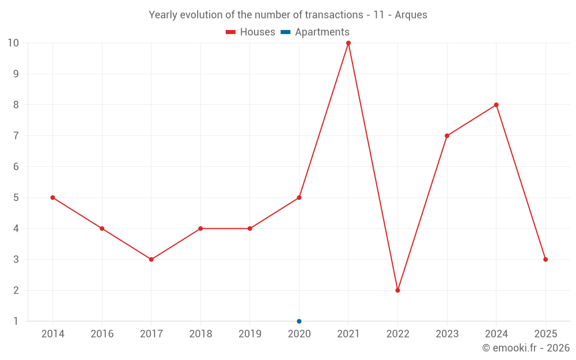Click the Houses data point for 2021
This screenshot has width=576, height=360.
(348, 43)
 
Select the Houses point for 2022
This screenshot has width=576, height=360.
(397, 290)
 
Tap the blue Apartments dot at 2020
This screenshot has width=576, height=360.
(299, 321)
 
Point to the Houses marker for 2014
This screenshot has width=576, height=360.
(52, 198)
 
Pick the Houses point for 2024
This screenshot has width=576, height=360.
(496, 105)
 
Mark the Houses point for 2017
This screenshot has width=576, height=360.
(151, 259)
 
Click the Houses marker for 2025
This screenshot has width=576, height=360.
(545, 259)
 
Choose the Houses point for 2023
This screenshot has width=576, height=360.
(447, 136)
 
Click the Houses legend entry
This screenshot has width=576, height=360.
(251, 32)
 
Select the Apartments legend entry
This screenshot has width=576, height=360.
(315, 32)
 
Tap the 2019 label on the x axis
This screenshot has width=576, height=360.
(250, 334)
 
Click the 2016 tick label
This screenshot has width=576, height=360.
(102, 334)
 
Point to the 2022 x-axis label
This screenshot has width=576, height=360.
(397, 334)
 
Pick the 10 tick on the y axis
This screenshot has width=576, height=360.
(13, 43)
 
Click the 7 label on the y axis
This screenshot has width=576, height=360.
(16, 136)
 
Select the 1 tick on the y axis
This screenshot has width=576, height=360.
(16, 321)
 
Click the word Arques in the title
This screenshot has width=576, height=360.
(411, 15)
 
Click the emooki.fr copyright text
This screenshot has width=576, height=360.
(526, 347)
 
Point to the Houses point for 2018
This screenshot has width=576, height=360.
(200, 229)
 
